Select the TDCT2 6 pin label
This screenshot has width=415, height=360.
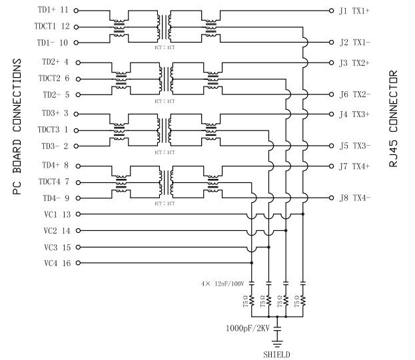pos(55,79)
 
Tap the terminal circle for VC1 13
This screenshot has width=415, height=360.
pos(77,214)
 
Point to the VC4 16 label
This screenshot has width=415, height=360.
pos(56,263)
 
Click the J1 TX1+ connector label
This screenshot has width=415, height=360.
pos(354,11)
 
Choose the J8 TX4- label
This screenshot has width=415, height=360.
pos(354,198)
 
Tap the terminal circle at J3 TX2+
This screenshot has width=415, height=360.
pos(332,63)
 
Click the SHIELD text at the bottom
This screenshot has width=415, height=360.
pos(277,354)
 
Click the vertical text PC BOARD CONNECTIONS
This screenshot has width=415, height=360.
pos(17,126)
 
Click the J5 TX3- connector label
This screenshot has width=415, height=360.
pos(354,146)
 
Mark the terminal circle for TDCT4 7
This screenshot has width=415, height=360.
pos(77,182)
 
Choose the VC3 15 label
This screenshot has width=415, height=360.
pos(56,247)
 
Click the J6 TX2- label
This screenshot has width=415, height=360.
pos(354,94)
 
